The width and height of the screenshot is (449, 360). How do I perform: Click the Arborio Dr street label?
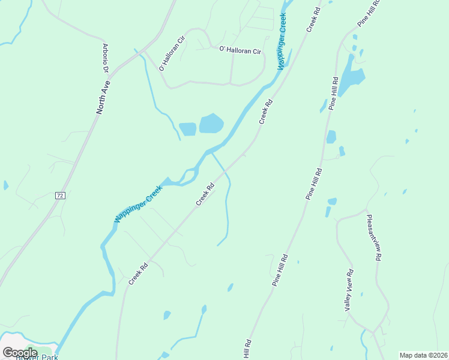tap(105, 58)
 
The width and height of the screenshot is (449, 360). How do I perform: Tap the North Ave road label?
tap(104, 98)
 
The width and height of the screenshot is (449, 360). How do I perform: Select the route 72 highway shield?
tap(59, 196)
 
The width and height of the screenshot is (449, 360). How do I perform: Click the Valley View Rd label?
tap(349, 290)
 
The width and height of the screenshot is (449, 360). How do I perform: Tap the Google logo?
tap(20, 352)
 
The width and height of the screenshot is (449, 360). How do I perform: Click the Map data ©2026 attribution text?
tap(423, 355)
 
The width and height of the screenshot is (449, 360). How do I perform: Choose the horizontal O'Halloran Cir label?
tap(241, 51)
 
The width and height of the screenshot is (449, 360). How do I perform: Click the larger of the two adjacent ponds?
tap(211, 124)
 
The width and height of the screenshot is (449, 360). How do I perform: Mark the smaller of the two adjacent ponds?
tap(187, 129)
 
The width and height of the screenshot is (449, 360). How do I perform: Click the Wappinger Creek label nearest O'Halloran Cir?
tap(282, 43)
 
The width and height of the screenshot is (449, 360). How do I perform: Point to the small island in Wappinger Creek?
tap(188, 175)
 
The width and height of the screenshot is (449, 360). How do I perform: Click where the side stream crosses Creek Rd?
tap(226, 172)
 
